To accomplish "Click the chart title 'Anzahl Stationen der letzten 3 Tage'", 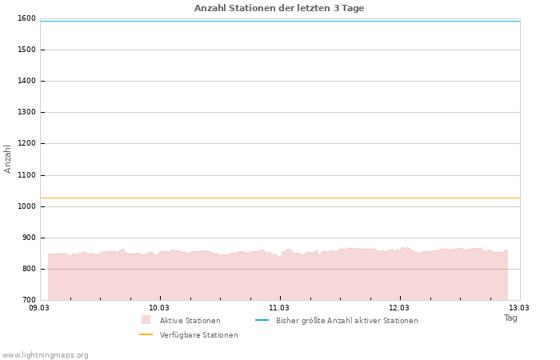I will click(x=279, y=8).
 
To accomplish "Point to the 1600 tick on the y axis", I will click(x=26, y=18).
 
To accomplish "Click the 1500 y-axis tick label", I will click(x=26, y=50).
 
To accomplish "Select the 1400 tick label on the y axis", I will click(x=26, y=81).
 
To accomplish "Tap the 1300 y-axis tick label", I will click(x=26, y=112).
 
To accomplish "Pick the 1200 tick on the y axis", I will click(x=26, y=143).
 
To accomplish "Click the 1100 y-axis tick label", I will click(x=26, y=175).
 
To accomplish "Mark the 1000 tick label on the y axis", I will click(x=26, y=206).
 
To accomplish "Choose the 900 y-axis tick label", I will click(x=29, y=238).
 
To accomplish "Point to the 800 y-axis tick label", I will click(x=29, y=269).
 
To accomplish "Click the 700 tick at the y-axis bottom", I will click(x=29, y=300).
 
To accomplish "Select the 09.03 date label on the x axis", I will click(x=39, y=307).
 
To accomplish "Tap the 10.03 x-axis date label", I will click(x=159, y=307).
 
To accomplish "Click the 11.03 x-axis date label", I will click(x=279, y=307).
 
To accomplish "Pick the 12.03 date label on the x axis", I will click(x=399, y=307).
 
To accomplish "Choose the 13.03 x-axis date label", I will click(x=519, y=307).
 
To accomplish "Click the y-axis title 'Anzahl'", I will click(x=8, y=158).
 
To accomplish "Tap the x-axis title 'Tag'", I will click(x=510, y=318).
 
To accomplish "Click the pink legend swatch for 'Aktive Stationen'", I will click(x=146, y=320).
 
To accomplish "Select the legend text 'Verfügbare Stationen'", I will click(x=198, y=335).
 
